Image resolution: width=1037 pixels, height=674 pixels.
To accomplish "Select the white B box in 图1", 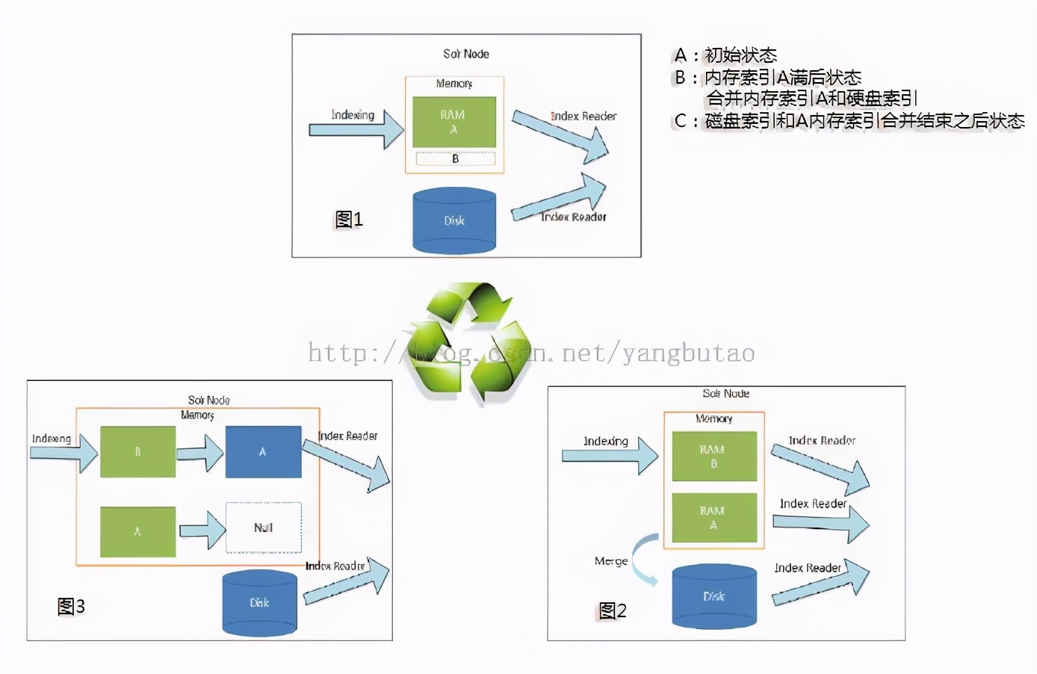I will coord(455,158).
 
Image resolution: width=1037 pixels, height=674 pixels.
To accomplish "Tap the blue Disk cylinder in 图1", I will coord(454,220).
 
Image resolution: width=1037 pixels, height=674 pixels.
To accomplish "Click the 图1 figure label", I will coord(348,219).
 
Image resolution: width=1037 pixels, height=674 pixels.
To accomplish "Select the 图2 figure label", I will coord(613,610).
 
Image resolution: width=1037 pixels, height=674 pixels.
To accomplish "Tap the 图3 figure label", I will coord(71,606).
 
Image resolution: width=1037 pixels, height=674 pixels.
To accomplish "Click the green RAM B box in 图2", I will coord(713,457).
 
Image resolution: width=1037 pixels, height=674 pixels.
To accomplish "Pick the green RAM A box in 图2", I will coord(713,518).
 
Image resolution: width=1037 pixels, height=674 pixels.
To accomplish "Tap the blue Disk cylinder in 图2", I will coord(714,596).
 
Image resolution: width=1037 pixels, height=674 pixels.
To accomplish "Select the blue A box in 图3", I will coord(263,452).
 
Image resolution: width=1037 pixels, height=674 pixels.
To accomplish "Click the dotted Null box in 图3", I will coord(263,528).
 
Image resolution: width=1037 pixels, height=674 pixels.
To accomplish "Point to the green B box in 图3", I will coord(137,452).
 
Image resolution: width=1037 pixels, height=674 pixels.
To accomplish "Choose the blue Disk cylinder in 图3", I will coord(259,602).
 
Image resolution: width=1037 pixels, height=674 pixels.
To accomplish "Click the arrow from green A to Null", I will coord(202,531).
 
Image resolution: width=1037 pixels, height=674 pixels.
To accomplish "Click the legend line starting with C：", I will coord(849,121).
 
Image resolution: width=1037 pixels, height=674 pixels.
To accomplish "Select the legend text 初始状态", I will coord(740,55).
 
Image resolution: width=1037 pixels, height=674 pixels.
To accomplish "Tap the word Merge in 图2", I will coord(610,561).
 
